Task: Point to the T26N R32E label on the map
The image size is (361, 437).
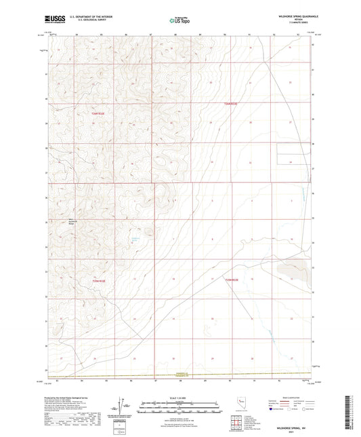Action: (99, 114)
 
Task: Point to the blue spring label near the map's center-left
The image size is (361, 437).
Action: (133, 237)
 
